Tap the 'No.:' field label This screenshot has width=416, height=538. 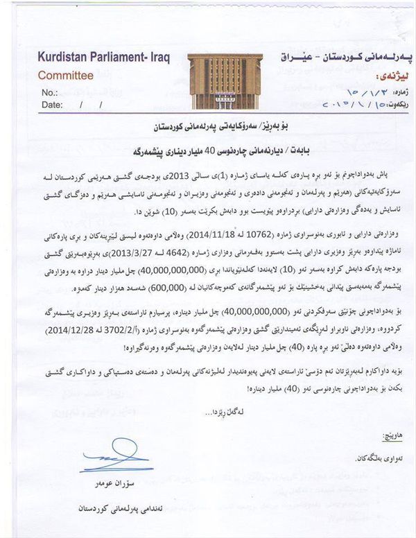click(x=49, y=93)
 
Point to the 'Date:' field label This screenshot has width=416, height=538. click(x=53, y=105)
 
